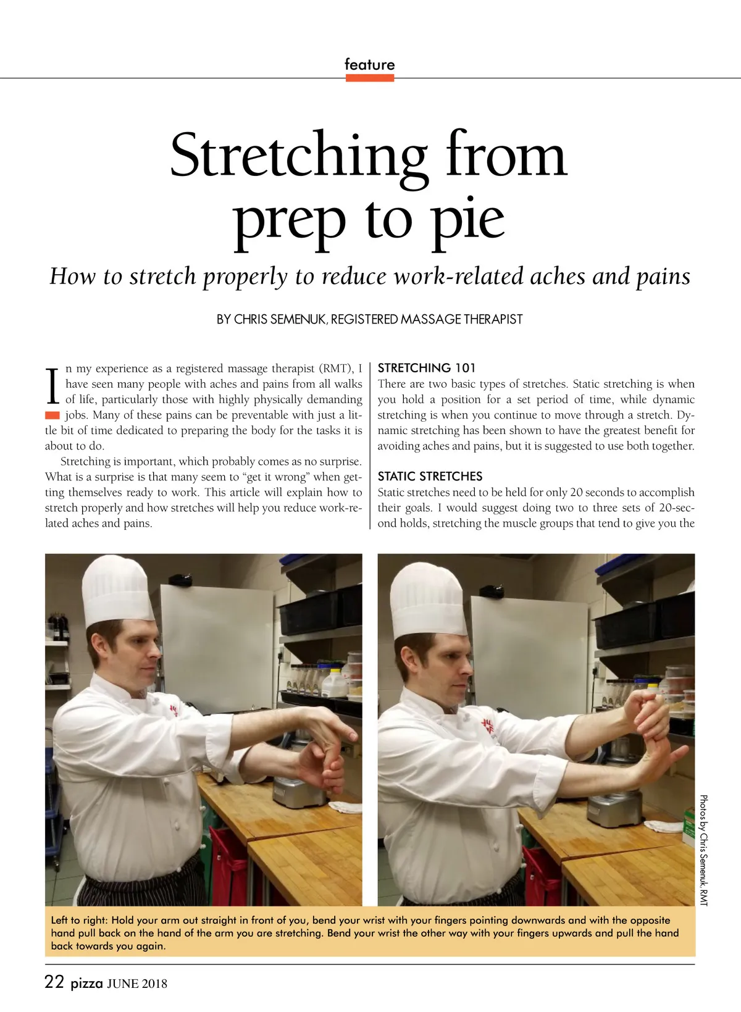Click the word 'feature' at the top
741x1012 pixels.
(x=370, y=64)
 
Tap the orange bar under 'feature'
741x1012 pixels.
(x=370, y=78)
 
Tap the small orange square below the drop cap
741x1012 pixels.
(x=52, y=415)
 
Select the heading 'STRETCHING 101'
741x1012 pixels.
(x=427, y=368)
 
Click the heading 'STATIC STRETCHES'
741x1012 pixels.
(x=430, y=476)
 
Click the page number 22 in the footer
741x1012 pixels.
(x=54, y=981)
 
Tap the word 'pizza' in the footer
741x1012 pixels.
(x=86, y=983)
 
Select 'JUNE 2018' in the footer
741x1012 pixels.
(x=137, y=984)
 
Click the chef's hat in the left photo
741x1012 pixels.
(x=117, y=590)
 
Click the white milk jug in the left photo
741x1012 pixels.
(x=334, y=683)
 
